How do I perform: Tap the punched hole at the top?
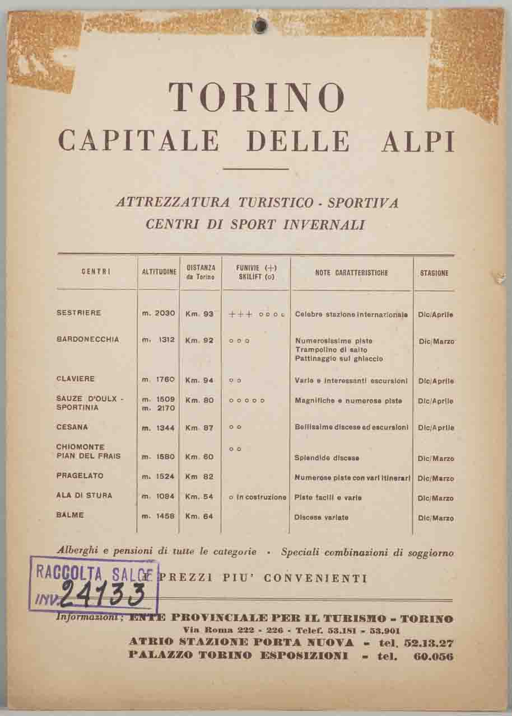259,26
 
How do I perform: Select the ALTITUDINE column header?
159,272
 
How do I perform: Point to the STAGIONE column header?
434,274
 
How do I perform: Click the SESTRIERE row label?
79,313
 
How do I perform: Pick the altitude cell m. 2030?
159,314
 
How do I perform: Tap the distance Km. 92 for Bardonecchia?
199,340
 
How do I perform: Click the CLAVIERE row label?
76,379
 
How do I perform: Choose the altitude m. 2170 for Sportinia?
159,408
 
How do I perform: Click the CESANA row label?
72,427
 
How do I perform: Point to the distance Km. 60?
199,457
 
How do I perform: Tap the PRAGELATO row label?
80,476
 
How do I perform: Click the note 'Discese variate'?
321,517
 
